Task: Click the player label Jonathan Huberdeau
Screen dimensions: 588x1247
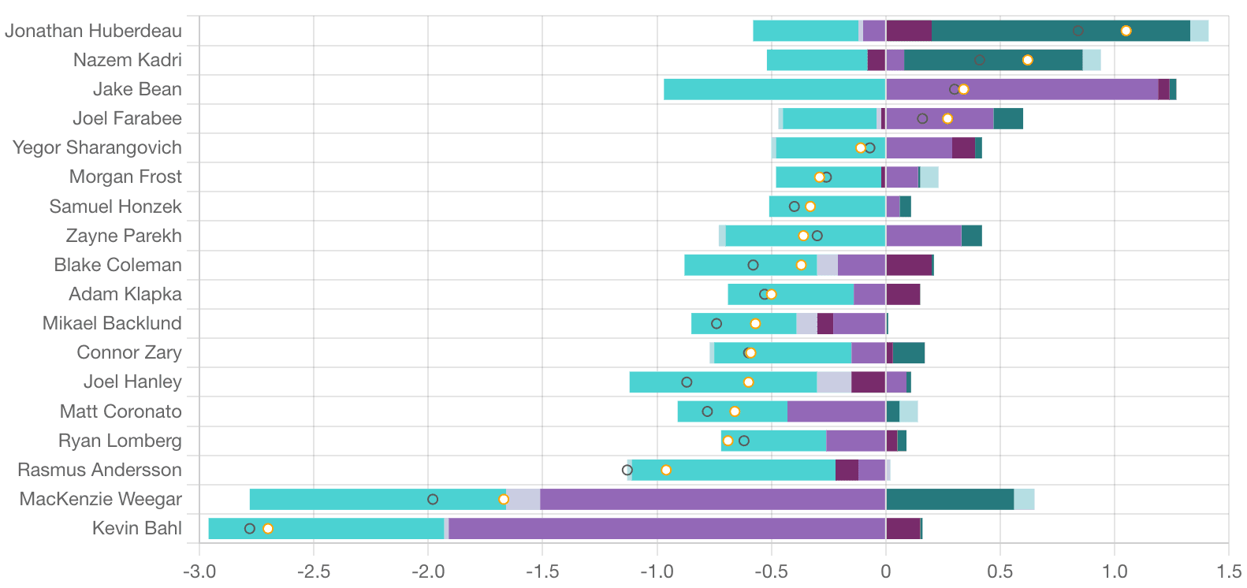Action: (93, 31)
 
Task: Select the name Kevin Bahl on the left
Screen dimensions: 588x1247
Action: (136, 528)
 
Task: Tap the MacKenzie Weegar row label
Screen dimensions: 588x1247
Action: (100, 499)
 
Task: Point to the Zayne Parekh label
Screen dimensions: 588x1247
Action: (124, 236)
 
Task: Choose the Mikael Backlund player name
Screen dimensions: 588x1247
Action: (112, 323)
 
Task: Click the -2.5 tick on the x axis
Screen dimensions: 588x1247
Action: (314, 571)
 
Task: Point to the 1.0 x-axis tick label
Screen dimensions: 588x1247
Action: (1115, 571)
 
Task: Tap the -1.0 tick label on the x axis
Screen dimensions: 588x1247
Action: (657, 571)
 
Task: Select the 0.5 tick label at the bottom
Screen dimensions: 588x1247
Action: (1000, 571)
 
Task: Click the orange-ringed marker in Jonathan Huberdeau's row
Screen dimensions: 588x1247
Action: (1126, 31)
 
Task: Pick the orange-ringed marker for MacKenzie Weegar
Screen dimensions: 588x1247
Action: (504, 499)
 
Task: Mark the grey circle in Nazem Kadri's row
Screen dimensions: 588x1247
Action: (979, 60)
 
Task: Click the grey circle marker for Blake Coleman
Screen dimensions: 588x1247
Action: (753, 265)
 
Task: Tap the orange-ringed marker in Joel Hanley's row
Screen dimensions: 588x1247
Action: (748, 382)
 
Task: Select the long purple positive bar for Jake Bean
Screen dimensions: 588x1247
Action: (1022, 89)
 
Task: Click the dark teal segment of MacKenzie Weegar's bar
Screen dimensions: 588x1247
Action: (950, 499)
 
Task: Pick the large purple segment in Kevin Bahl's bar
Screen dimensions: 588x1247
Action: (666, 528)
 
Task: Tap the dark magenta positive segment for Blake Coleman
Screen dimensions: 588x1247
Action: (909, 265)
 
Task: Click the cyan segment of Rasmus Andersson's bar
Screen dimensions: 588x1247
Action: (733, 470)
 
